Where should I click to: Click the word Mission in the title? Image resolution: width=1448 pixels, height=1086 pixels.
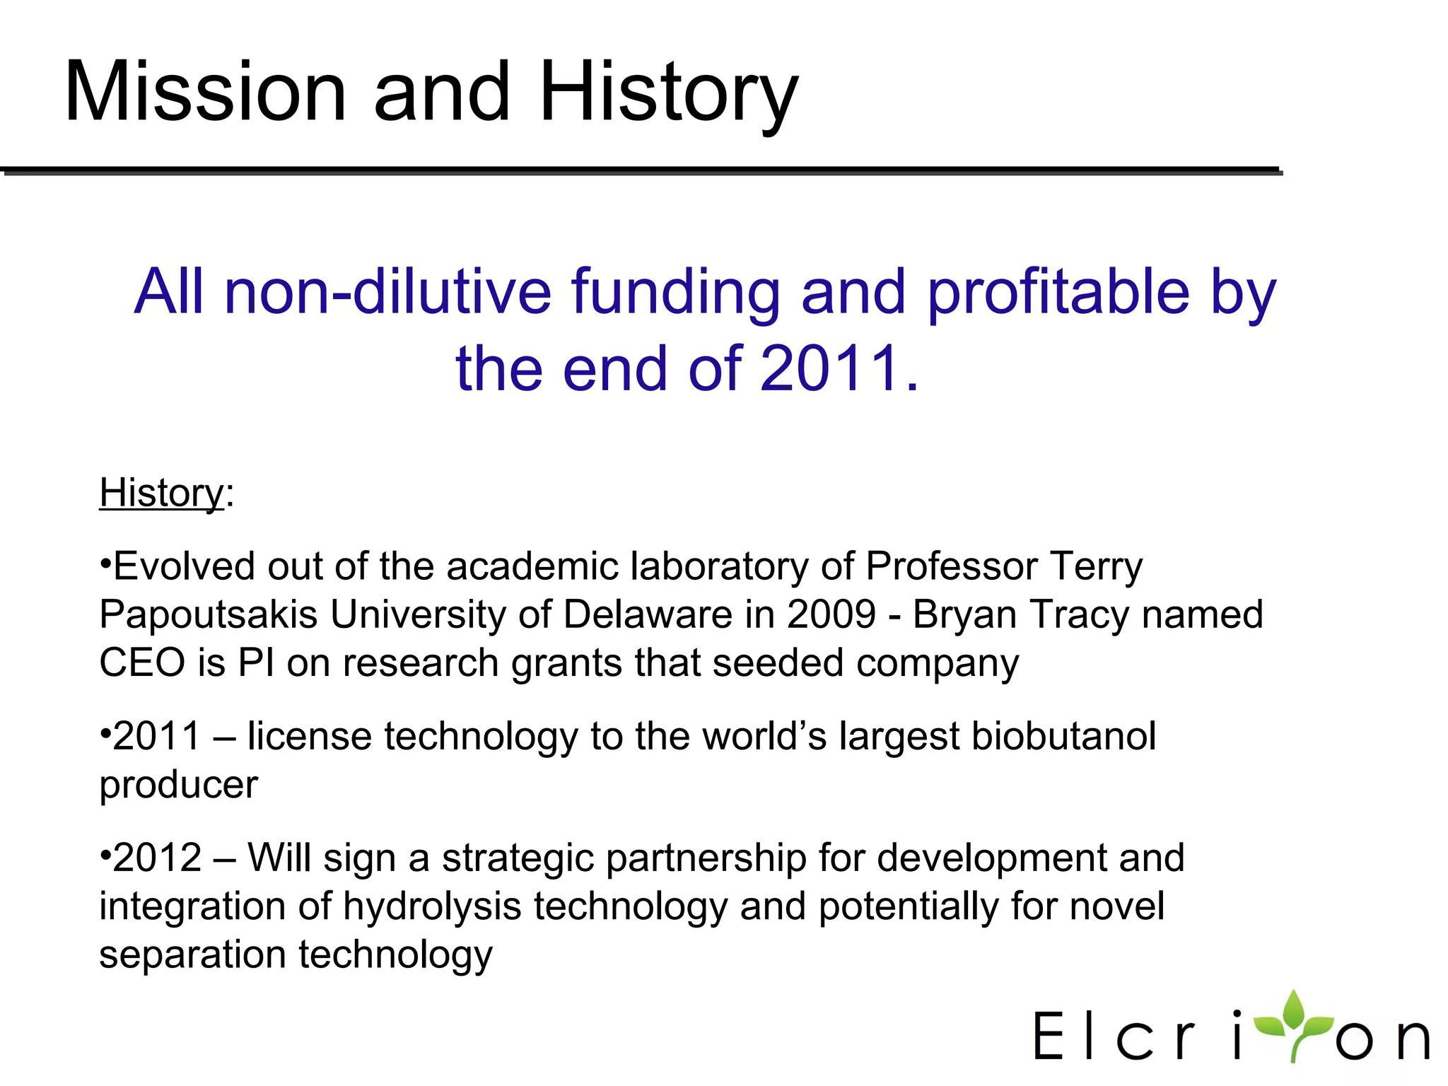point(205,92)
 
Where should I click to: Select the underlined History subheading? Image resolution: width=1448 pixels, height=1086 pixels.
point(161,493)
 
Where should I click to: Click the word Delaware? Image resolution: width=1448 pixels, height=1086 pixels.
point(648,614)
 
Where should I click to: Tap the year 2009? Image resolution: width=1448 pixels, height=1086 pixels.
point(831,614)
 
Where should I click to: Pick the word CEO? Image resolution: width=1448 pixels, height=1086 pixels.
point(142,662)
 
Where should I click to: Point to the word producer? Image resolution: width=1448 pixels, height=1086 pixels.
point(179,785)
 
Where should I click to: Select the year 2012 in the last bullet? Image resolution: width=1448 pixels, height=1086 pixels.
point(157,858)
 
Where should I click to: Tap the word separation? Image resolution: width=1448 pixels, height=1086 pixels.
point(192,954)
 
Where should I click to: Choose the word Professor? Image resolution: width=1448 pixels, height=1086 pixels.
point(952,566)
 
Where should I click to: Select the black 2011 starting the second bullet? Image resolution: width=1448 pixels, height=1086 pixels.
point(157,736)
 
